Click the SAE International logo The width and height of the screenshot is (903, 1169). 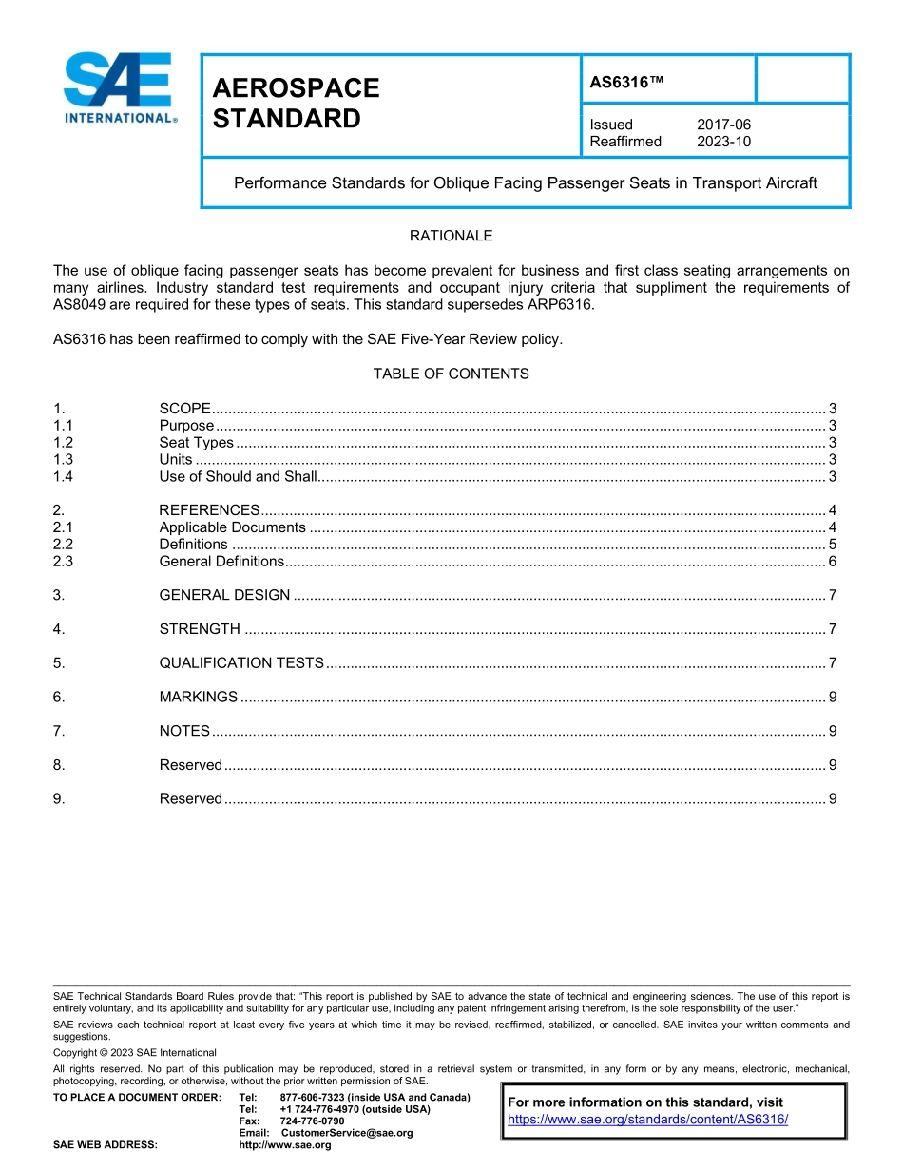click(x=119, y=87)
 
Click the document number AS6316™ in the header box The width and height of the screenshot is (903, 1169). click(x=626, y=82)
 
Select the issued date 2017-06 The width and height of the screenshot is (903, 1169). click(x=723, y=125)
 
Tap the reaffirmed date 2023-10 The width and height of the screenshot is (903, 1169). click(x=723, y=142)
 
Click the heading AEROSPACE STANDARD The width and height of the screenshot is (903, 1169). click(x=296, y=104)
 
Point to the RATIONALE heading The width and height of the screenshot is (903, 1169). click(x=451, y=236)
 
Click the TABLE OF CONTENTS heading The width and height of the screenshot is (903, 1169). click(x=451, y=374)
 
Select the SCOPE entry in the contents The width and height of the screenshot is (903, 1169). click(x=184, y=409)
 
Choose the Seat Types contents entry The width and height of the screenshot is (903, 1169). click(x=196, y=443)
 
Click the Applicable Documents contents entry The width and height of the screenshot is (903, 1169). click(x=233, y=527)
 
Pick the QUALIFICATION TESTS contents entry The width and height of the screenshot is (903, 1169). click(x=241, y=663)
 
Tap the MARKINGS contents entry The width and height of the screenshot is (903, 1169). click(x=198, y=698)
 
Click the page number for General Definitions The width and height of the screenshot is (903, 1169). click(x=832, y=562)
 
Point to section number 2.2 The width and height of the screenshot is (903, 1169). click(x=64, y=545)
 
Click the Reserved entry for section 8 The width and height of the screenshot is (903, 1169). click(x=190, y=765)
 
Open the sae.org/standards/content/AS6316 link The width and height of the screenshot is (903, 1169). click(x=648, y=1120)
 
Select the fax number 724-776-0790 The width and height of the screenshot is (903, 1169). click(x=312, y=1121)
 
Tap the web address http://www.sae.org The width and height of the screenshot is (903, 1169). click(x=285, y=1145)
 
